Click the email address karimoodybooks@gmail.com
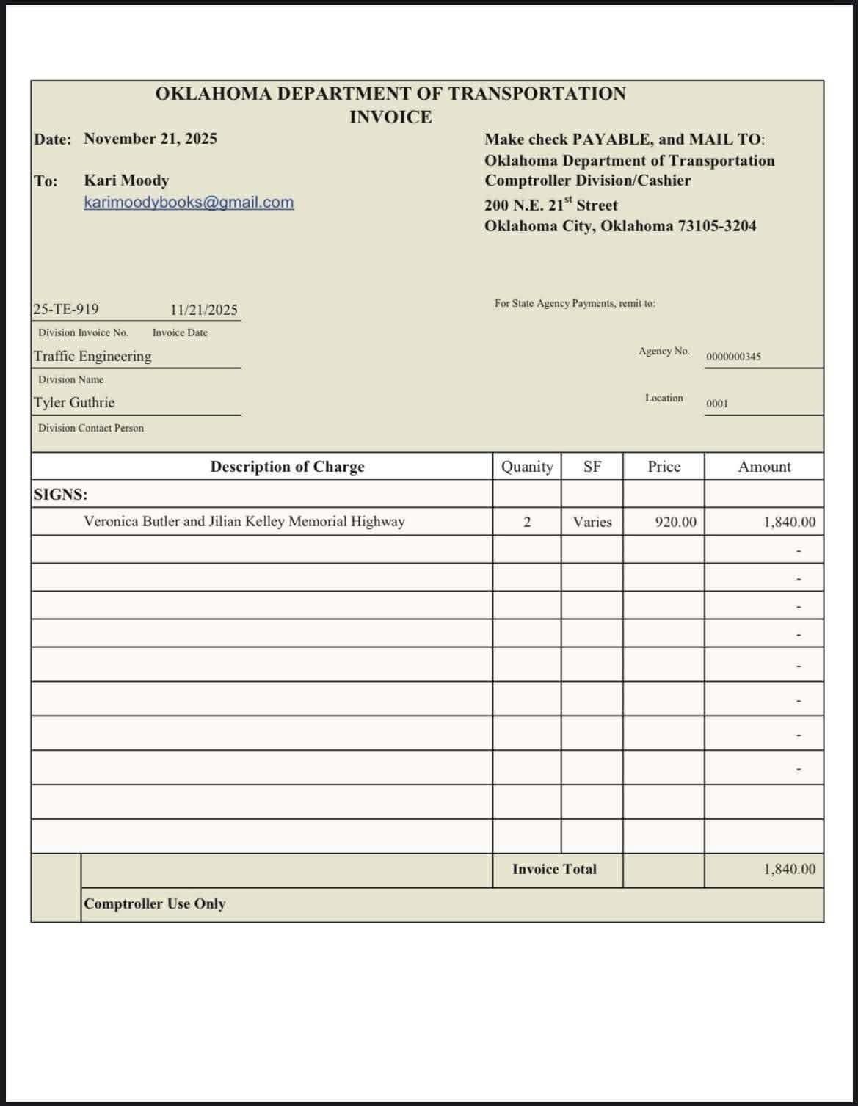[189, 203]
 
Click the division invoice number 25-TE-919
[66, 310]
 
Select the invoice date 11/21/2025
[204, 310]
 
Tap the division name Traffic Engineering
[92, 357]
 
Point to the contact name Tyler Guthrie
[74, 403]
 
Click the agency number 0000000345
[733, 357]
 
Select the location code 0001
[717, 404]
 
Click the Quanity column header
[527, 467]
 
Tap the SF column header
[592, 467]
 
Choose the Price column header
[664, 467]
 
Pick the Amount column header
[764, 467]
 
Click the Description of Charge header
[287, 467]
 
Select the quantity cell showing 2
[527, 522]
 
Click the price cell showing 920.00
[675, 523]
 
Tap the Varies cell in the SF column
[592, 522]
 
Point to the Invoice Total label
[554, 870]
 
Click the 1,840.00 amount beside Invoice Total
[789, 870]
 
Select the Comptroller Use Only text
[154, 904]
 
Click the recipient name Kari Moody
[126, 181]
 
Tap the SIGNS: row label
[60, 495]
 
